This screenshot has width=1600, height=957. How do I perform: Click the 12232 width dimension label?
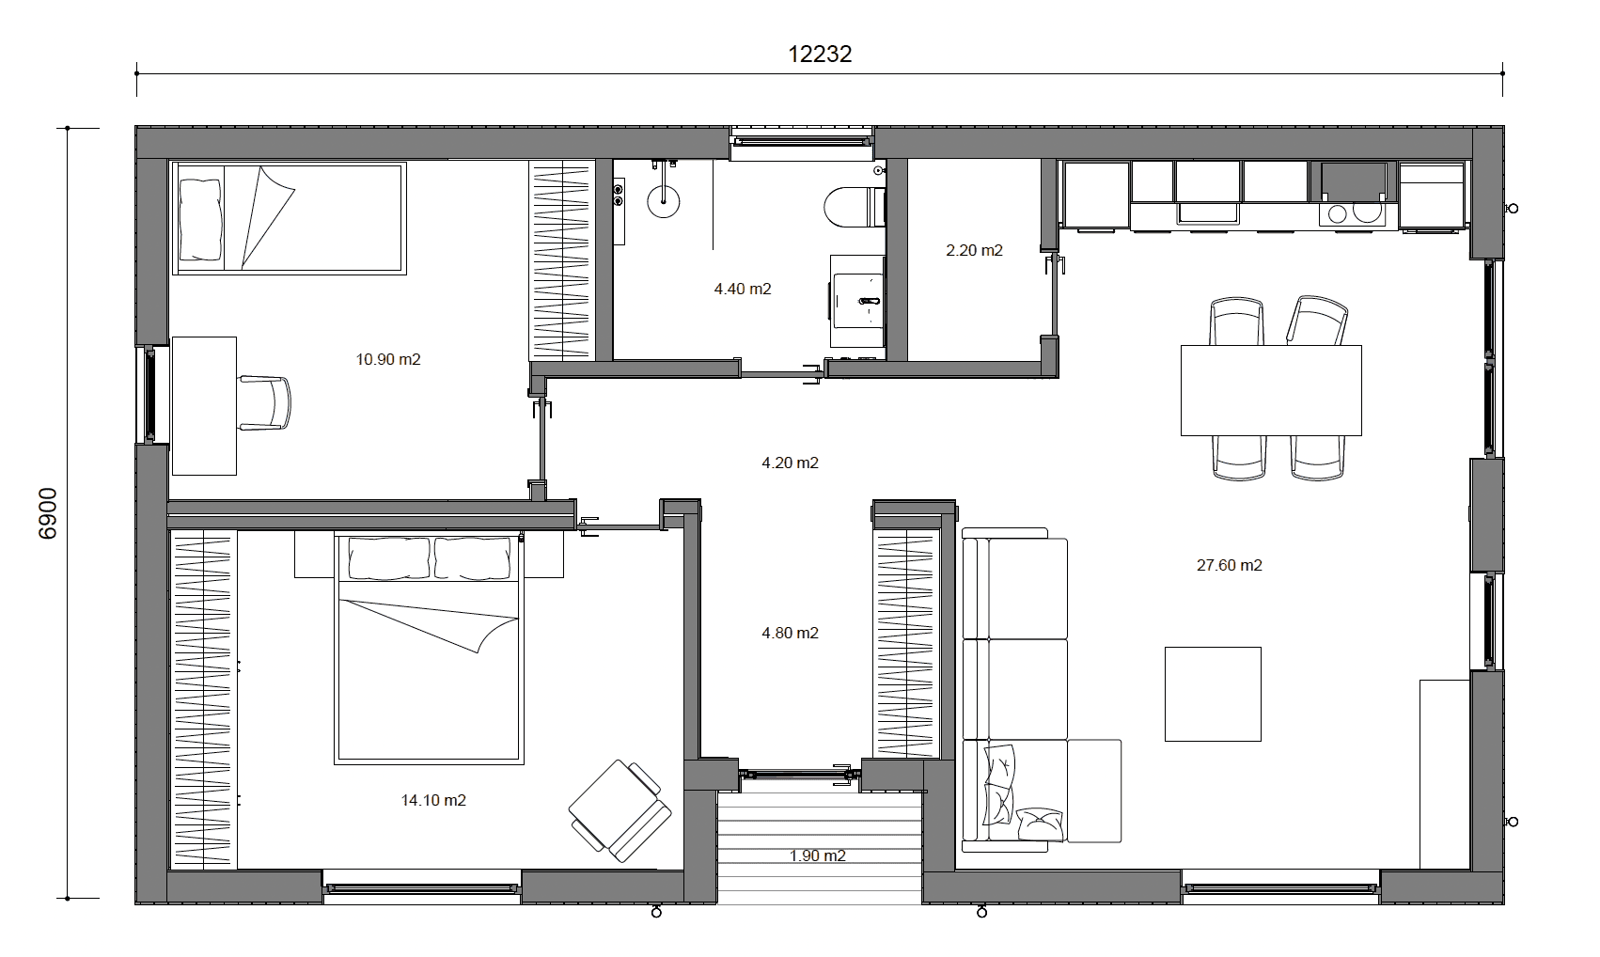coord(820,55)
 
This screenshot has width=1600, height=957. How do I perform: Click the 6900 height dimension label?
coord(48,513)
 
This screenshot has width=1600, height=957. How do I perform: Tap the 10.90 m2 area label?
coord(388,359)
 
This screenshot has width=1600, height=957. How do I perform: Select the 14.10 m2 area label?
coord(432,801)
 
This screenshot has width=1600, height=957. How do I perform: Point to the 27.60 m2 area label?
coord(1230,566)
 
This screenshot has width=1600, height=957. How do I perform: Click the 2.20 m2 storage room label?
coord(974,251)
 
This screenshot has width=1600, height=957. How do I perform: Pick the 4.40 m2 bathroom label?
coord(742,290)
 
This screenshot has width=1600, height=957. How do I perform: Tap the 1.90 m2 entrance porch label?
coord(817,855)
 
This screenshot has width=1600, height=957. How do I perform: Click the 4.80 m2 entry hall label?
coord(790,633)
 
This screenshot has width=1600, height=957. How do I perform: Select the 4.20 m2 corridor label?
coord(790,463)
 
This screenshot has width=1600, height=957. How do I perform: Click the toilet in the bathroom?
coord(855,207)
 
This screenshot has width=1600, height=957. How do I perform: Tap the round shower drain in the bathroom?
coord(663,201)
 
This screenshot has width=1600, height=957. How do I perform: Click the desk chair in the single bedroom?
coord(264,402)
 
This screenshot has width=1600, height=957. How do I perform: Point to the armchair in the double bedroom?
coord(620,810)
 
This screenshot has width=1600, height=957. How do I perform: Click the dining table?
coord(1271,391)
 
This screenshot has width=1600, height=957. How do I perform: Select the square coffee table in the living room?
coord(1213,694)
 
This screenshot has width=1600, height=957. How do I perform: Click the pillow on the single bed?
coord(200,219)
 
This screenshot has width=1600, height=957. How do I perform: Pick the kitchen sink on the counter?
coord(1207,212)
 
